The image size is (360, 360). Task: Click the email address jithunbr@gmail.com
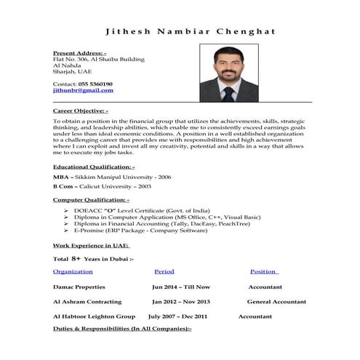pyautogui.click(x=84, y=90)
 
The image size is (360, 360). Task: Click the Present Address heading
pyautogui.click(x=80, y=53)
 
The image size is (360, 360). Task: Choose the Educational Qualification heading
pyautogui.click(x=94, y=167)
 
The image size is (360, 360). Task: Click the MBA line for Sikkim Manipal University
pyautogui.click(x=112, y=177)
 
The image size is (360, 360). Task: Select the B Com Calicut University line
pyautogui.click(x=102, y=187)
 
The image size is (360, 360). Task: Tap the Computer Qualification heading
pyautogui.click(x=92, y=199)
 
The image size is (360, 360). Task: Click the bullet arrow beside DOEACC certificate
pyautogui.click(x=66, y=210)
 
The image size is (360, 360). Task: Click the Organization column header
pyautogui.click(x=73, y=271)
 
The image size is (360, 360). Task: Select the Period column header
pyautogui.click(x=164, y=271)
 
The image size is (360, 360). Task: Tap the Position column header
pyautogui.click(x=263, y=271)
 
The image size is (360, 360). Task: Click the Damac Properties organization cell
pyautogui.click(x=79, y=287)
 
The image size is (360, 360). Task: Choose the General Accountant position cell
pyautogui.click(x=276, y=301)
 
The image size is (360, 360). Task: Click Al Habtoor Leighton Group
pyautogui.click(x=94, y=316)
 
